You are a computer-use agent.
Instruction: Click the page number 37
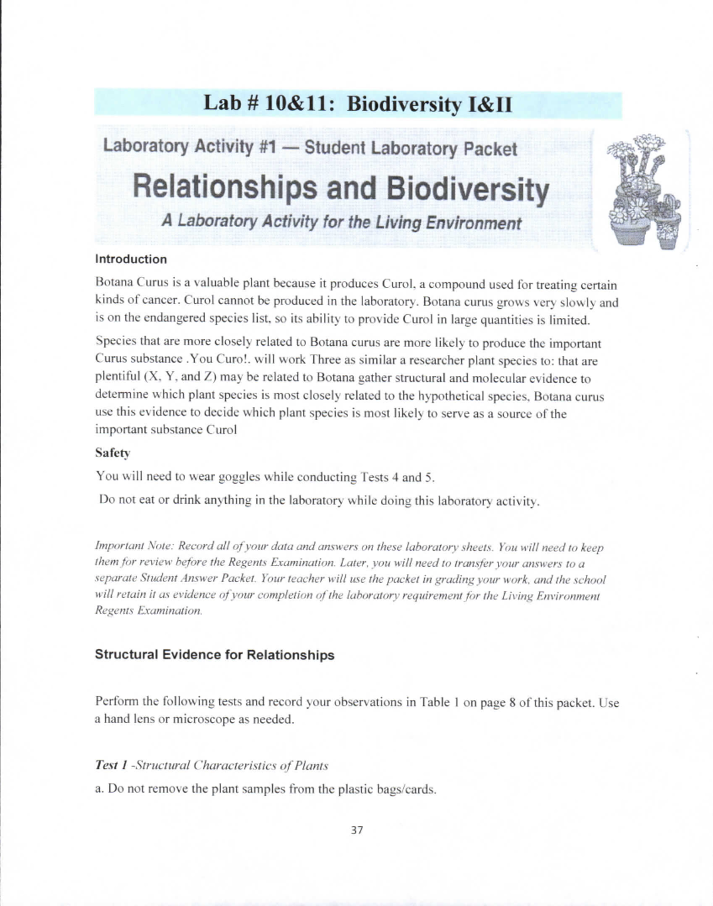pos(356,830)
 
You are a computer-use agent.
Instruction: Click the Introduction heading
pos(131,259)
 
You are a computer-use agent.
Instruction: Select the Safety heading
pos(112,453)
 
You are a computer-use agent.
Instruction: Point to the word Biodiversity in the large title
pos(467,190)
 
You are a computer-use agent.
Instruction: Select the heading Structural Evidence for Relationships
pos(214,655)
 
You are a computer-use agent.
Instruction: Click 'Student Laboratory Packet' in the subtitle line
pos(411,148)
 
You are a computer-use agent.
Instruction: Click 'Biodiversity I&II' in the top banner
pos(428,105)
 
